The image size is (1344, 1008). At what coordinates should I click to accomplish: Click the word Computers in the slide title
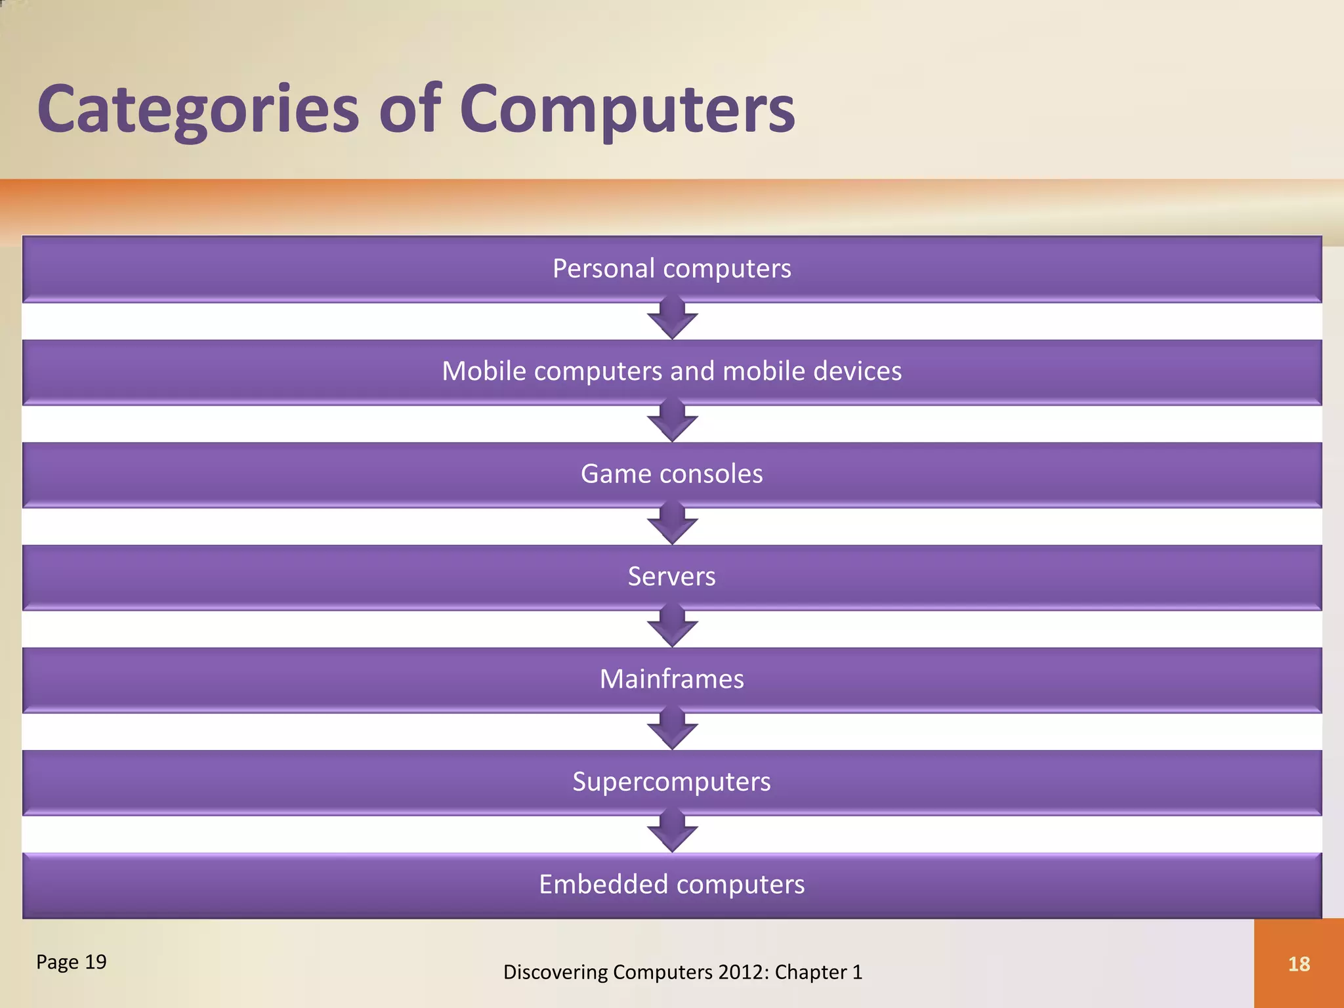(627, 110)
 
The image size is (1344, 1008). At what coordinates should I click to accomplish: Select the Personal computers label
(671, 268)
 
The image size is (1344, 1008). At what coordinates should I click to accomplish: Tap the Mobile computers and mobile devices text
(671, 371)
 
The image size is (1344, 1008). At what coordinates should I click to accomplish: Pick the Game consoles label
(671, 474)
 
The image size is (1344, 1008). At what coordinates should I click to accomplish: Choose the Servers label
(671, 576)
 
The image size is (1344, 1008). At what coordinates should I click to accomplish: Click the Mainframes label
(671, 679)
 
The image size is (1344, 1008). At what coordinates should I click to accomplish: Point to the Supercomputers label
(671, 782)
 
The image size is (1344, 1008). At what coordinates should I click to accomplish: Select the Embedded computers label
(671, 885)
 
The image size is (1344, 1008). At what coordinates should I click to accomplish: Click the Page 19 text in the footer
(71, 962)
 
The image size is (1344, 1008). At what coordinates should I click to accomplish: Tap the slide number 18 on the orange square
(1299, 964)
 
